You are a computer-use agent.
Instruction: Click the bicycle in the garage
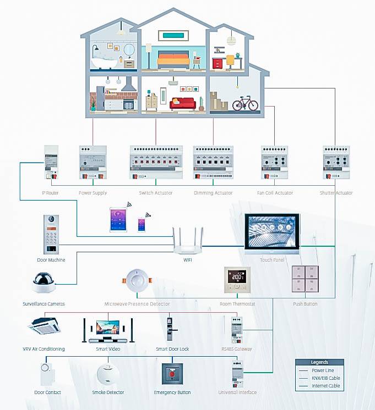(245, 103)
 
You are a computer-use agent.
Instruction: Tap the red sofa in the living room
(182, 103)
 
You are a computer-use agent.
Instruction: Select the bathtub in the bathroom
(105, 61)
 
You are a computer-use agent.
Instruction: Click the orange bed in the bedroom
(173, 59)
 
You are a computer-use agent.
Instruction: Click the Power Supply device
(93, 162)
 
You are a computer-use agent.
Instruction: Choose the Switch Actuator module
(156, 162)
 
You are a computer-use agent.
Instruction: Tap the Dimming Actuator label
(213, 193)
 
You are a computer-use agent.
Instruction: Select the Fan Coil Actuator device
(276, 162)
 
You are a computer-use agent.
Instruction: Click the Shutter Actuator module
(336, 162)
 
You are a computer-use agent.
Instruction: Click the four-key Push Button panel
(305, 281)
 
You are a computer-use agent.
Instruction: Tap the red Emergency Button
(172, 374)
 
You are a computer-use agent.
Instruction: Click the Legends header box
(319, 362)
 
